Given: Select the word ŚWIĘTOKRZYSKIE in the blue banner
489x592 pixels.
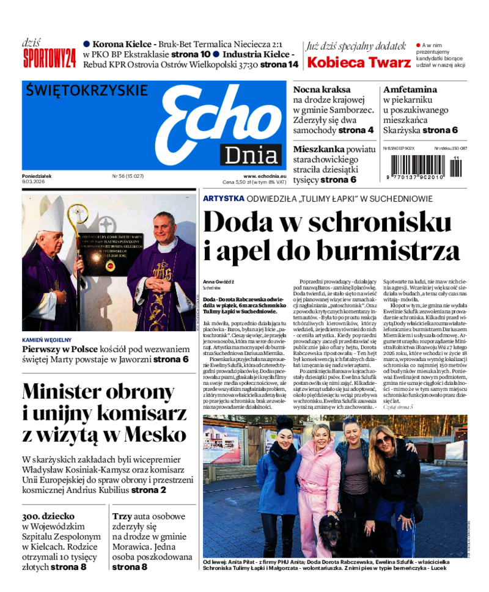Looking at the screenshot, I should [x=87, y=90].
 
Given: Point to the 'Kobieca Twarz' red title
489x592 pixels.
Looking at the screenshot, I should [x=358, y=62].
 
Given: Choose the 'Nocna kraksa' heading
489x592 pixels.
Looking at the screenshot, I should [x=322, y=89].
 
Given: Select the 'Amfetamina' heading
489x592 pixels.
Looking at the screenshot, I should [x=410, y=89].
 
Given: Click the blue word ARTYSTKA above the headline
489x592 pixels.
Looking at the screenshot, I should [x=224, y=199].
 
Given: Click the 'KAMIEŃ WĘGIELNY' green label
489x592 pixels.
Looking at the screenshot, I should [x=46, y=340].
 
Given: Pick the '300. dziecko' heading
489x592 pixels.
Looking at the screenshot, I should [x=49, y=517].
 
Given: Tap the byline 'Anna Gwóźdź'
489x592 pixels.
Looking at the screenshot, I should [x=219, y=281].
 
